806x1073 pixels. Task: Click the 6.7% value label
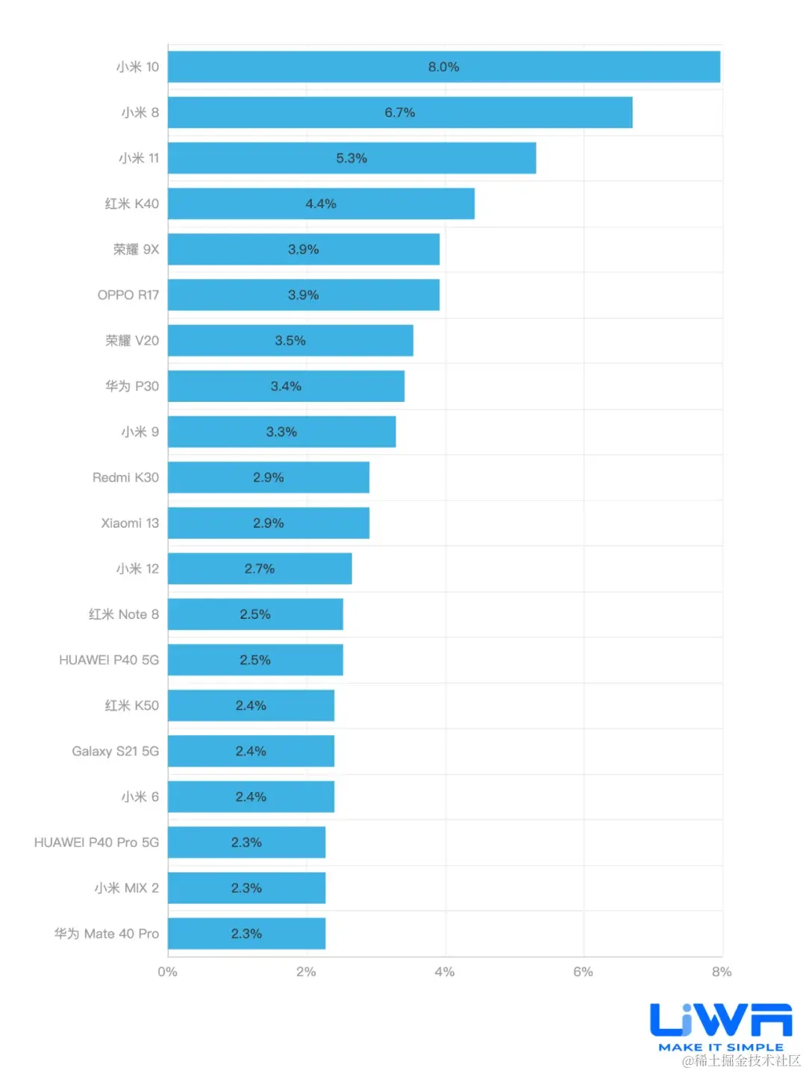(x=400, y=113)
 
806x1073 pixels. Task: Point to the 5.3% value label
(x=352, y=158)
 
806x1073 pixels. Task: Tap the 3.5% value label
(x=290, y=341)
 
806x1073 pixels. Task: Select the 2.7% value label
(x=260, y=569)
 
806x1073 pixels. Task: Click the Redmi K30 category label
(x=125, y=477)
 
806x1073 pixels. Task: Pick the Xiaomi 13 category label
(x=130, y=523)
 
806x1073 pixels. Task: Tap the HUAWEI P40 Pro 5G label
(x=96, y=843)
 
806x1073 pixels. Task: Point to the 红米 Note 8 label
(x=124, y=614)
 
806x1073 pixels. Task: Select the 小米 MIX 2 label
(x=127, y=888)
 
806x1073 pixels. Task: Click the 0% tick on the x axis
(x=168, y=972)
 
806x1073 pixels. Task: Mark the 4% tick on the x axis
(x=445, y=972)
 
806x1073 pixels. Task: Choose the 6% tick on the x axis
(x=584, y=972)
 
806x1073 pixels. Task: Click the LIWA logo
(x=721, y=1019)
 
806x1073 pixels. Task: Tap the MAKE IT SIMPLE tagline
(x=721, y=1047)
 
